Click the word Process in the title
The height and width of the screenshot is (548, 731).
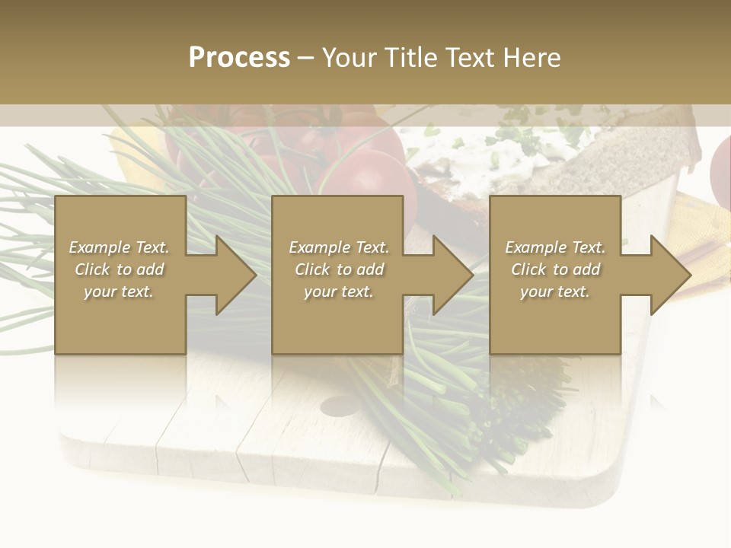coord(239,58)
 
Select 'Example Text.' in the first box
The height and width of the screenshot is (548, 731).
coord(119,247)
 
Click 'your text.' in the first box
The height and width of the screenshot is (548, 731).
coord(119,292)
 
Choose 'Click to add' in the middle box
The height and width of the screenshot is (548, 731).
coord(339,269)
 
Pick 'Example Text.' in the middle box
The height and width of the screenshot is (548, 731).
coord(339,247)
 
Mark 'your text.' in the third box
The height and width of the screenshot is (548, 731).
coord(555,292)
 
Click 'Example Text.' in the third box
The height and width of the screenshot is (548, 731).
coord(555,247)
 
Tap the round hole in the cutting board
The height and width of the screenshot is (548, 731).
coord(340,406)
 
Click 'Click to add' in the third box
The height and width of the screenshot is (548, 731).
coord(555,269)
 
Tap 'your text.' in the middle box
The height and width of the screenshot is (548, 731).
coord(339,292)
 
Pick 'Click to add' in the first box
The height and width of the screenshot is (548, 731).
coord(119,269)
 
